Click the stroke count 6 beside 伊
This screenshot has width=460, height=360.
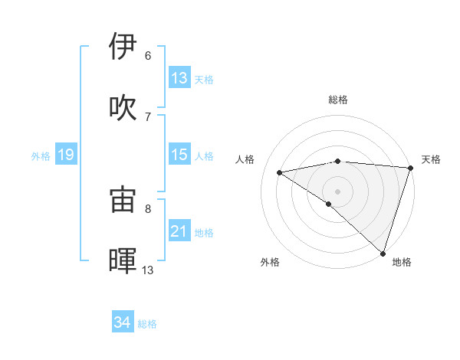(148, 56)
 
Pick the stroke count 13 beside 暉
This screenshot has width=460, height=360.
(148, 270)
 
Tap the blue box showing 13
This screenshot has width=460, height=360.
(179, 78)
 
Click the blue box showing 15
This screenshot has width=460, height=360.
(179, 155)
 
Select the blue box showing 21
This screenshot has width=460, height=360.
(179, 231)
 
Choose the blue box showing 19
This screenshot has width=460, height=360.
(65, 155)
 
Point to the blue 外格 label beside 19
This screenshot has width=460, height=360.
(41, 156)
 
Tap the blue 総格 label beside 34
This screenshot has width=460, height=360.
(147, 324)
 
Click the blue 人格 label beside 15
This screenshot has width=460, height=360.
(204, 156)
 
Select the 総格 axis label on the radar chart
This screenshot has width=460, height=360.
(337, 100)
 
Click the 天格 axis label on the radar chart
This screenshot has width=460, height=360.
(431, 159)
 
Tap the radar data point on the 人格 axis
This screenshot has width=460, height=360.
(279, 172)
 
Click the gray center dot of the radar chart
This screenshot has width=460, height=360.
(337, 191)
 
